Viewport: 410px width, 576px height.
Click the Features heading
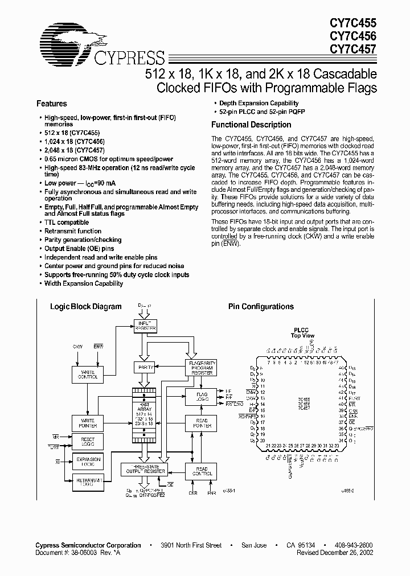(52, 104)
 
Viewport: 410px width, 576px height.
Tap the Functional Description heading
(251, 125)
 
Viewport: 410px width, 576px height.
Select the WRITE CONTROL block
(88, 375)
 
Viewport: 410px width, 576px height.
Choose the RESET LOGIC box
(88, 442)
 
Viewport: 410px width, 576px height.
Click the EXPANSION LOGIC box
(88, 462)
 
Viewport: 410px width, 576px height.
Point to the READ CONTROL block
(201, 472)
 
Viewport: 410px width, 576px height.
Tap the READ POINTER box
(201, 423)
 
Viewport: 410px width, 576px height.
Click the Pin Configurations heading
(261, 307)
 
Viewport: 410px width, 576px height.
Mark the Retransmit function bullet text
(73, 231)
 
